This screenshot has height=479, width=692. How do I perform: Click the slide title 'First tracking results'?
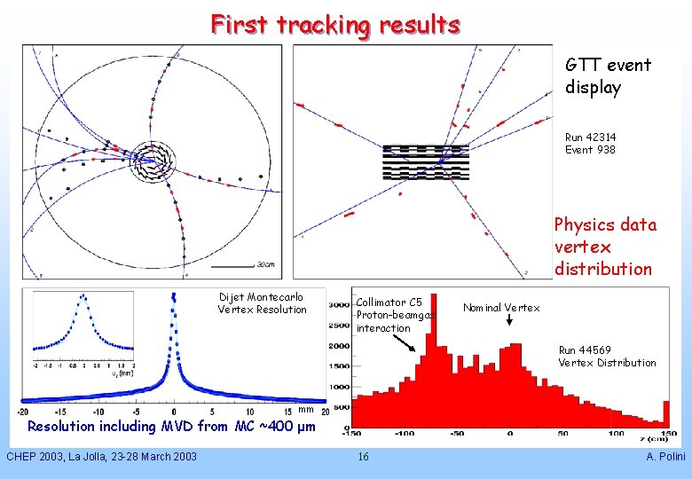tap(335, 24)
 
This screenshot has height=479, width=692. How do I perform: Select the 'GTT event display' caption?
tap(608, 76)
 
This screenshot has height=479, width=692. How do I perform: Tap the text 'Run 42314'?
tap(590, 137)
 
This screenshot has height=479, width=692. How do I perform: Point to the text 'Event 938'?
tap(590, 149)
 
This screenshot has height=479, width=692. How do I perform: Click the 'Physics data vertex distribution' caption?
tap(605, 247)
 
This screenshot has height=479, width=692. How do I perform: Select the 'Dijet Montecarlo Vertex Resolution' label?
tap(262, 303)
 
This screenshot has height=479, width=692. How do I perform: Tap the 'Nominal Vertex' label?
tap(501, 308)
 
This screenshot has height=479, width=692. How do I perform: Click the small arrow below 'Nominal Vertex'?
tap(509, 322)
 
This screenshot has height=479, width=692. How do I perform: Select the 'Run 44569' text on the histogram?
tap(584, 350)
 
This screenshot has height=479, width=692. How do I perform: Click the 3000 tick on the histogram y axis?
tap(339, 304)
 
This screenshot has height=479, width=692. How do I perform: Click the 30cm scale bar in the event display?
tap(232, 264)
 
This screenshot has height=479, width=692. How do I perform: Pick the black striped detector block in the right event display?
tap(425, 162)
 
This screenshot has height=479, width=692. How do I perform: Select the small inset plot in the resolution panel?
tap(84, 328)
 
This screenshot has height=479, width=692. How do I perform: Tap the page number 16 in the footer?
tap(363, 457)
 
